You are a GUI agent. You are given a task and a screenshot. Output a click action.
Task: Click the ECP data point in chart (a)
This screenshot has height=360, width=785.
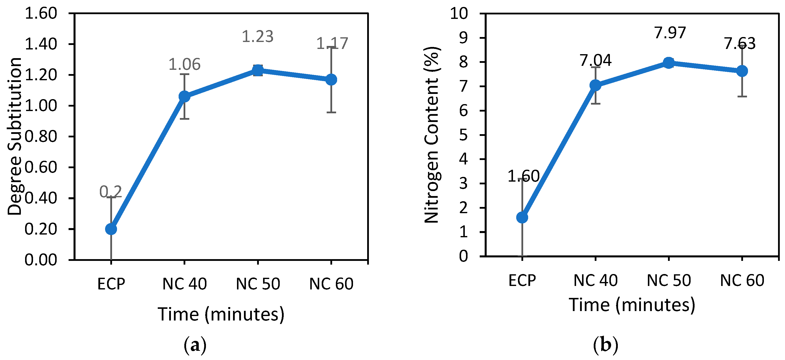pyautogui.click(x=111, y=229)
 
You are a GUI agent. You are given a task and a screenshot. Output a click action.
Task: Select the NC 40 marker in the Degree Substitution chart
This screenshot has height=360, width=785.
pyautogui.click(x=184, y=96)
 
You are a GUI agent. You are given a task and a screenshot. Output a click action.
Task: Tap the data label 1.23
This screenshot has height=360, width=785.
pyautogui.click(x=258, y=37)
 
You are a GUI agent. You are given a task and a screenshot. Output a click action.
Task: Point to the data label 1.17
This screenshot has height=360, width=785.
pyautogui.click(x=332, y=43)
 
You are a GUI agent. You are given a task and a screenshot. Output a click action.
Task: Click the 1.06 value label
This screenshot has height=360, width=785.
pyautogui.click(x=184, y=64)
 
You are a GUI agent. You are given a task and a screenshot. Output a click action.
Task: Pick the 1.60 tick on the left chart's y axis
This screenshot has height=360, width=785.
pyautogui.click(x=40, y=13)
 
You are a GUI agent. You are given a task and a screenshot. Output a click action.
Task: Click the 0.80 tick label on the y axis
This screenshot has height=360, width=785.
pyautogui.click(x=40, y=137)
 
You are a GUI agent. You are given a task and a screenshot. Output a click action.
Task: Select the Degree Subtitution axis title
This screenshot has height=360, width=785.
pyautogui.click(x=15, y=136)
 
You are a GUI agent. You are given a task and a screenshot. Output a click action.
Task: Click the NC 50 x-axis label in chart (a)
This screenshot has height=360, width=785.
pyautogui.click(x=258, y=284)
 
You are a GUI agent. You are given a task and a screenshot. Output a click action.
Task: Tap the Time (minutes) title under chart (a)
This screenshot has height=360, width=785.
pyautogui.click(x=221, y=314)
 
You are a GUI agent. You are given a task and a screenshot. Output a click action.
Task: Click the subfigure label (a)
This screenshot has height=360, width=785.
pyautogui.click(x=195, y=345)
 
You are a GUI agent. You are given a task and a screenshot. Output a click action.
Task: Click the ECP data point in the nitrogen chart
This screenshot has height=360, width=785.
pyautogui.click(x=522, y=217)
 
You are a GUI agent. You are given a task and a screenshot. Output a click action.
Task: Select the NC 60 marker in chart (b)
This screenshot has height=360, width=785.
pyautogui.click(x=742, y=71)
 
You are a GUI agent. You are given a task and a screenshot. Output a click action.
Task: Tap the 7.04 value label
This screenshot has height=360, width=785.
pyautogui.click(x=595, y=60)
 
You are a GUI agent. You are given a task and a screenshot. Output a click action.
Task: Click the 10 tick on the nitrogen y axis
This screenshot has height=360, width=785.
pyautogui.click(x=459, y=13)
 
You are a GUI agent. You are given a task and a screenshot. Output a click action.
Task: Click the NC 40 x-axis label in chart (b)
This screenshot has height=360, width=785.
pyautogui.click(x=595, y=280)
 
